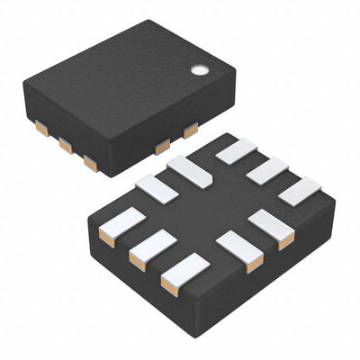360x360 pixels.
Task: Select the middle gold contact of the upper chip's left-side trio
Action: [x=66, y=145]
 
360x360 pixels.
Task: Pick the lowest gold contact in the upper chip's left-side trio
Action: [x=90, y=163]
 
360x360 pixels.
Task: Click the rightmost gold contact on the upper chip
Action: [x=191, y=130]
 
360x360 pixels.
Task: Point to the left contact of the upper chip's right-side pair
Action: [x=162, y=147]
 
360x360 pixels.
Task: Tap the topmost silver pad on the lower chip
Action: [x=237, y=150]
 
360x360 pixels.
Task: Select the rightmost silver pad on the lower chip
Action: [x=299, y=190]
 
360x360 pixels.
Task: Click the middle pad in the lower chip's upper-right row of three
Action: [x=267, y=170]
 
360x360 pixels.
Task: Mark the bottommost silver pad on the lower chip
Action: [x=184, y=273]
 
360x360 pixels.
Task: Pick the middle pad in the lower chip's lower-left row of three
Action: [x=152, y=248]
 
